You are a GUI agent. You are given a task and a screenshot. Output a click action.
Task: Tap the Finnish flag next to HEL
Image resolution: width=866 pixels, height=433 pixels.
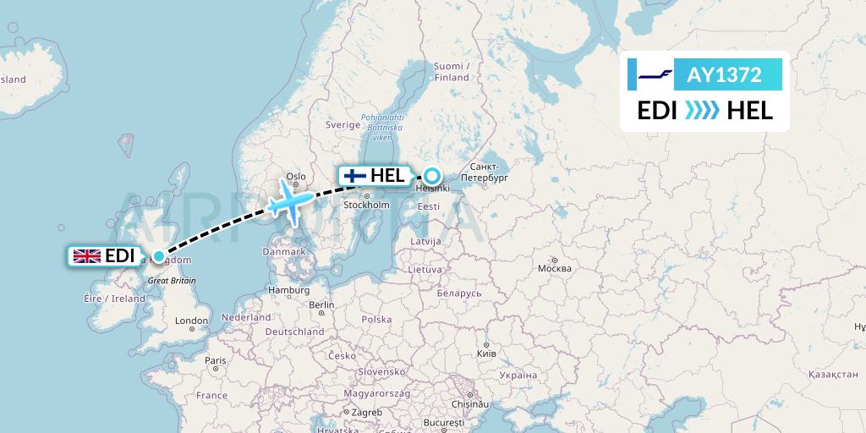pyautogui.click(x=354, y=176)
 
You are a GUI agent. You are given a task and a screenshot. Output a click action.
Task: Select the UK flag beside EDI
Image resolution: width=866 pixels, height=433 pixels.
pyautogui.click(x=86, y=255)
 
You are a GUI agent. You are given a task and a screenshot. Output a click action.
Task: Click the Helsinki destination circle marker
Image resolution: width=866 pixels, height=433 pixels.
pyautogui.click(x=431, y=176)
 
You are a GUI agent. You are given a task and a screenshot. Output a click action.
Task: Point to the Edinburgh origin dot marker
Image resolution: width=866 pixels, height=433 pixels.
pyautogui.click(x=158, y=255)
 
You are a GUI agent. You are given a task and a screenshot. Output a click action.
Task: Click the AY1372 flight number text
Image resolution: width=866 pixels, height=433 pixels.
pyautogui.click(x=725, y=74)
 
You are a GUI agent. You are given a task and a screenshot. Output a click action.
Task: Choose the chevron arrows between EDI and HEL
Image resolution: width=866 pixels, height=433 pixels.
pyautogui.click(x=701, y=111)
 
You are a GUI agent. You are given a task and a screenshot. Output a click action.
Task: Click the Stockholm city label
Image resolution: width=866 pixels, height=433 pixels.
pyautogui.click(x=365, y=206)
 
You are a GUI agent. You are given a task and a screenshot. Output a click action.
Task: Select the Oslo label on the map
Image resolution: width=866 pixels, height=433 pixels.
pyautogui.click(x=295, y=177)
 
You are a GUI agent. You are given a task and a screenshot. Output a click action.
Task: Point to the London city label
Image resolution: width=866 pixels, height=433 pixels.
pyautogui.click(x=191, y=321)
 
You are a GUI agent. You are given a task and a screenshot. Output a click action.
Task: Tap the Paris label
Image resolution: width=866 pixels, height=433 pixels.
pyautogui.click(x=216, y=360)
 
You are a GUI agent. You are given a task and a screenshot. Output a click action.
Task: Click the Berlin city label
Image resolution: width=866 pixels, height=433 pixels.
pyautogui.click(x=321, y=304)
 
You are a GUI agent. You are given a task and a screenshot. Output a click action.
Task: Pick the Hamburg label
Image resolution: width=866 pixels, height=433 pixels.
pyautogui.click(x=288, y=290)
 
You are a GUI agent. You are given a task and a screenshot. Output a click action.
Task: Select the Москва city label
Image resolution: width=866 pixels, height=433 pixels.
pyautogui.click(x=554, y=269)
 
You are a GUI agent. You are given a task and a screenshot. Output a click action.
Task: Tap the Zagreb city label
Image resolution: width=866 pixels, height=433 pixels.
pyautogui.click(x=367, y=412)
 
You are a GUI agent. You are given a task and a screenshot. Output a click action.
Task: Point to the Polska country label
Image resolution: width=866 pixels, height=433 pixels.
pyautogui.click(x=376, y=320)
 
